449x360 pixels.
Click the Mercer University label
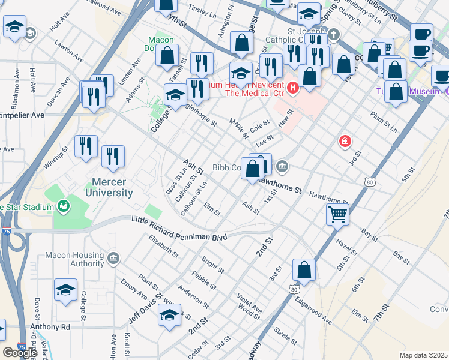pos(112,187)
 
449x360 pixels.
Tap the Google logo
pos(20,353)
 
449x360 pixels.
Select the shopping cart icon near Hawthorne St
pos(338,213)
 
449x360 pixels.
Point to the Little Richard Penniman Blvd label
pos(179,230)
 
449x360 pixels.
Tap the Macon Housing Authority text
pos(79,259)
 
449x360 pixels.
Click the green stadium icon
pos(62,208)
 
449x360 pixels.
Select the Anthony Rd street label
pos(50,327)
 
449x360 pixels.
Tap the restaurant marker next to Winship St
pos(86,145)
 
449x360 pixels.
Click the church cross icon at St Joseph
pos(334,34)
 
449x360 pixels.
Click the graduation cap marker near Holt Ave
pos(14,26)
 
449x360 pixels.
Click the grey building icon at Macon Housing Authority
pos(113,259)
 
